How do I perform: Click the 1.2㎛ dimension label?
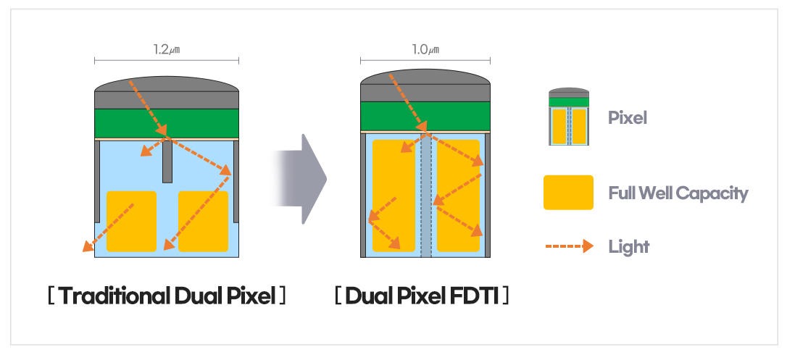(166, 49)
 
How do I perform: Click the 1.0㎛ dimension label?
(425, 49)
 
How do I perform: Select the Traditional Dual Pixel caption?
(166, 296)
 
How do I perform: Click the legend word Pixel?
(628, 117)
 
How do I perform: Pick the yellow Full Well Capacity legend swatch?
(568, 193)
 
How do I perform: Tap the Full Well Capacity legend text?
(678, 193)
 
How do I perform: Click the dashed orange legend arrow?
(569, 246)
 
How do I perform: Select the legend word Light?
(629, 247)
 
